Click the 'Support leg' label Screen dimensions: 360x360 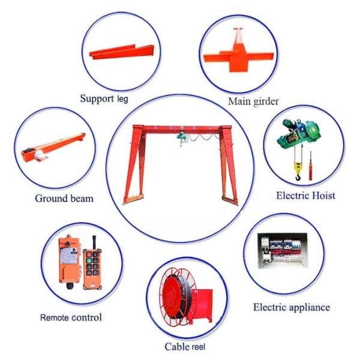tap(104, 98)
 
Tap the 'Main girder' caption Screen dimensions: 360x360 tap(253, 101)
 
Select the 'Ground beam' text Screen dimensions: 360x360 tap(64, 198)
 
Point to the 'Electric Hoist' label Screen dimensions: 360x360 tap(305, 195)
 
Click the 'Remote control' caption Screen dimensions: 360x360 tap(71, 317)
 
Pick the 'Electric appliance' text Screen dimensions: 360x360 tap(291, 307)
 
